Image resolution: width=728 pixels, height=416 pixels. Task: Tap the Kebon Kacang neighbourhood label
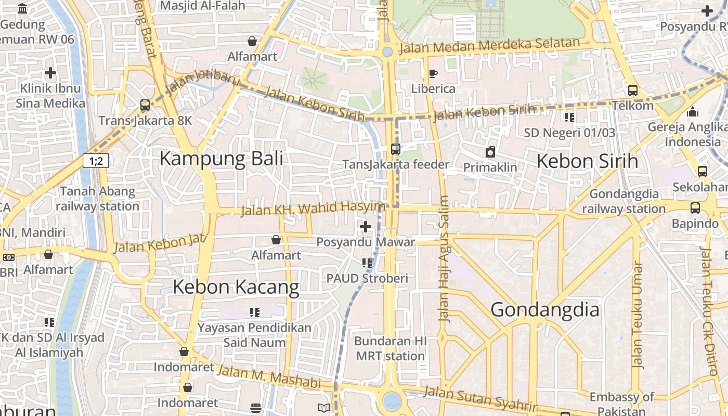pos(236,287)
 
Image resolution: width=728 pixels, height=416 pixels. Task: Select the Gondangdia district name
pos(544,310)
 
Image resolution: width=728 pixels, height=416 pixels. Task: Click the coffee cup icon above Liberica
pos(433,73)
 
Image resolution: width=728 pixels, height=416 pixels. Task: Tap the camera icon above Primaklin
pos(490,152)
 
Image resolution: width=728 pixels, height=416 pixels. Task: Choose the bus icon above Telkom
pos(632,90)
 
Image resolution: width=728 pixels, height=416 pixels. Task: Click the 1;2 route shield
pos(96,161)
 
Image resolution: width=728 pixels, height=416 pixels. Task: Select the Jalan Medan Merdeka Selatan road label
pos(489,46)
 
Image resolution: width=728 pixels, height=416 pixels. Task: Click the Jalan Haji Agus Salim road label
pos(444,258)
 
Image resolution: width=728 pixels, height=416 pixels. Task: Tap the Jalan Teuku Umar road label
pos(637,315)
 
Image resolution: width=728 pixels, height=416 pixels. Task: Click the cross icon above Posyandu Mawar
pos(366,227)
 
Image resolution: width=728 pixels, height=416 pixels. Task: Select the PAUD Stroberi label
pos(367,278)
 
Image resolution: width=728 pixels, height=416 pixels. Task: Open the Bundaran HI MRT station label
pos(391,349)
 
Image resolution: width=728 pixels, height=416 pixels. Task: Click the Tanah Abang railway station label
pos(97,199)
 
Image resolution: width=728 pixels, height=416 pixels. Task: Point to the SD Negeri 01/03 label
pos(569,133)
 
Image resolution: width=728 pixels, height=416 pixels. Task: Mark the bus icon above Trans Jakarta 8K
pos(145,105)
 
